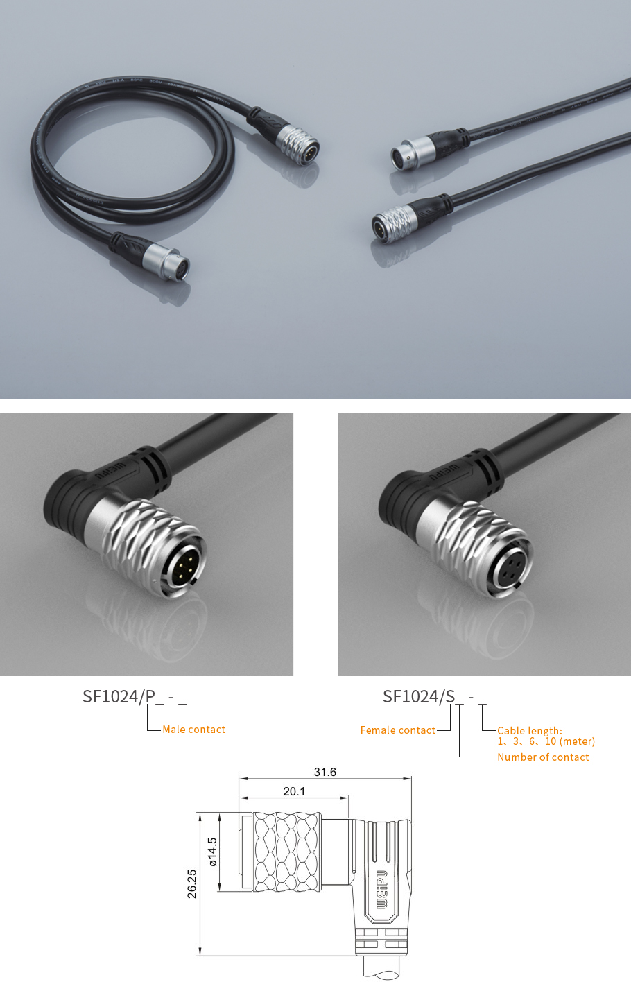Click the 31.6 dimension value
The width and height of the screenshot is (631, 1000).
(325, 772)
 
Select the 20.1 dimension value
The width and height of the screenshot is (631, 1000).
(294, 791)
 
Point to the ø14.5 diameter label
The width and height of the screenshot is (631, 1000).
(213, 852)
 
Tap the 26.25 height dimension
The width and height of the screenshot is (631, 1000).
(192, 884)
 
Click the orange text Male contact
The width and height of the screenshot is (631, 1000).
(193, 730)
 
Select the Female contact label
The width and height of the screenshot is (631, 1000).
(397, 730)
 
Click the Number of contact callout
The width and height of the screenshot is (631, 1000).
(543, 757)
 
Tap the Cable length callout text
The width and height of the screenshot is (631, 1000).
(546, 736)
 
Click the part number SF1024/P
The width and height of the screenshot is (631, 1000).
(119, 697)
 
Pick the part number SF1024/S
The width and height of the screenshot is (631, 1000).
(419, 697)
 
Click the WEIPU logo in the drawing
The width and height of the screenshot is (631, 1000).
(381, 890)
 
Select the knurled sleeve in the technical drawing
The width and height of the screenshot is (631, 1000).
(286, 852)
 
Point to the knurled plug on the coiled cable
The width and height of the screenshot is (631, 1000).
(297, 144)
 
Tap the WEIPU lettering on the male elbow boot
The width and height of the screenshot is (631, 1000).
(110, 472)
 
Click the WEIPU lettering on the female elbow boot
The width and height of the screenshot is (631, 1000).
(443, 472)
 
